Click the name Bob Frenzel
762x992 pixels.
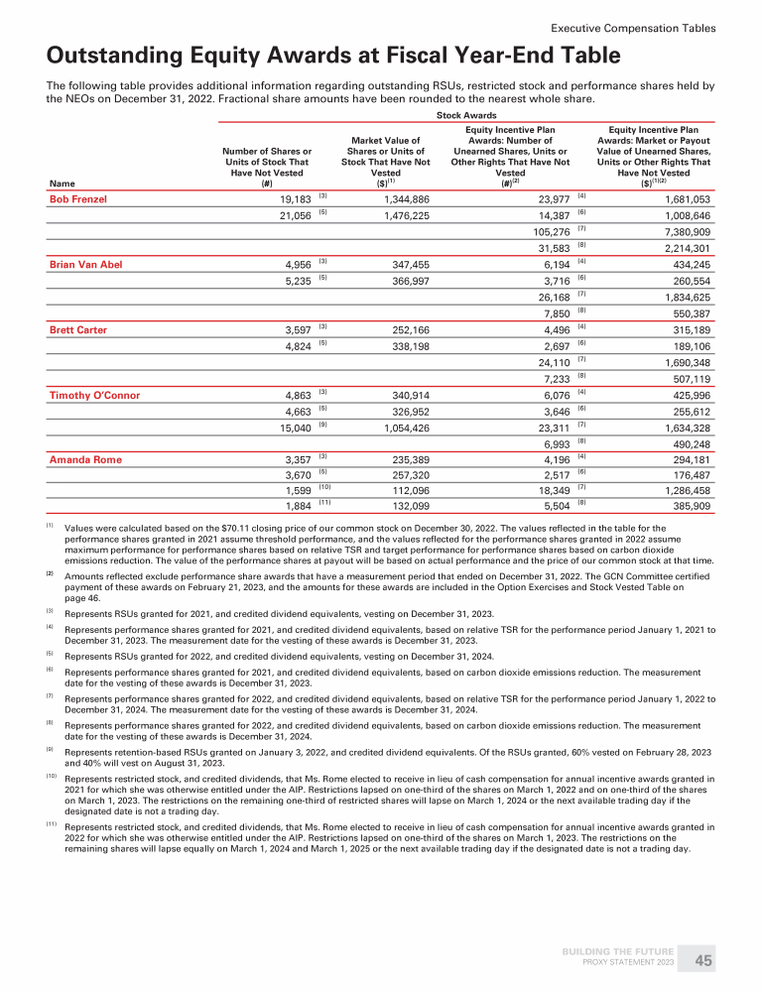pos(78,199)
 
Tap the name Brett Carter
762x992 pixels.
pos(78,329)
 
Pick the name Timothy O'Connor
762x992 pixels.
pos(94,395)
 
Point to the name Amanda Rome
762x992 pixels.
pos(85,459)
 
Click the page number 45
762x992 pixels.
pos(703,960)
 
